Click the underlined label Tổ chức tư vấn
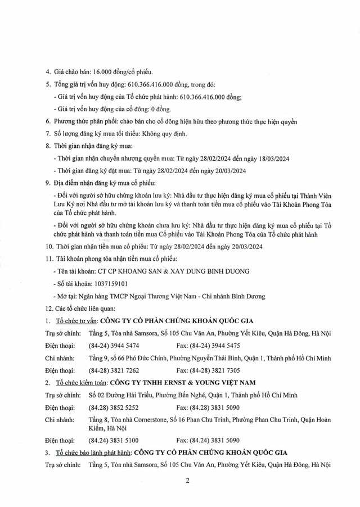coord(76,322)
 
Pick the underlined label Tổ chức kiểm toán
coord(79,382)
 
